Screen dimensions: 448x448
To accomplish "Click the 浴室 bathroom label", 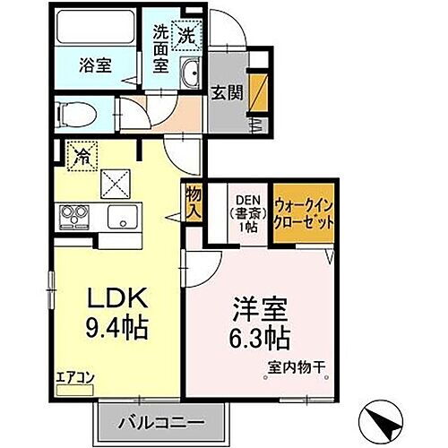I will click(x=92, y=65).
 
